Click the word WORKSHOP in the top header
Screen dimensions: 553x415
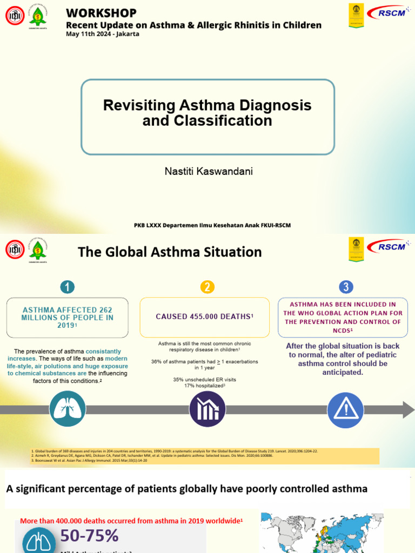click(101, 12)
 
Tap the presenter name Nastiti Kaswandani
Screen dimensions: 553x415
click(208, 171)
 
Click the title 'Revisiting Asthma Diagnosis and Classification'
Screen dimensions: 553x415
click(207, 112)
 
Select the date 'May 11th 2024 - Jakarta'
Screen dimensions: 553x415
click(102, 34)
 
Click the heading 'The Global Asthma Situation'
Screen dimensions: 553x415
click(170, 252)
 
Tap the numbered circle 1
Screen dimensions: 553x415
click(67, 287)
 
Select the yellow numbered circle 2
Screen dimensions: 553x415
click(207, 287)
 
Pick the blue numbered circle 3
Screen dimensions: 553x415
click(346, 287)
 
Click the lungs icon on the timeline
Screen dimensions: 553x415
click(67, 409)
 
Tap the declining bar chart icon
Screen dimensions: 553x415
click(207, 409)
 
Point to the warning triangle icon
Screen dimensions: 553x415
click(346, 409)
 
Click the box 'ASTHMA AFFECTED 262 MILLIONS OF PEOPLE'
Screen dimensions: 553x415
click(68, 318)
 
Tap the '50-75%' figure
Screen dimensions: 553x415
click(89, 536)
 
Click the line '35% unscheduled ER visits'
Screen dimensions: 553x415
click(204, 380)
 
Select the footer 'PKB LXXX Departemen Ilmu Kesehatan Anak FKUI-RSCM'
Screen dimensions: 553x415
click(212, 225)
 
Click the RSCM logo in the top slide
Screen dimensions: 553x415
click(387, 12)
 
